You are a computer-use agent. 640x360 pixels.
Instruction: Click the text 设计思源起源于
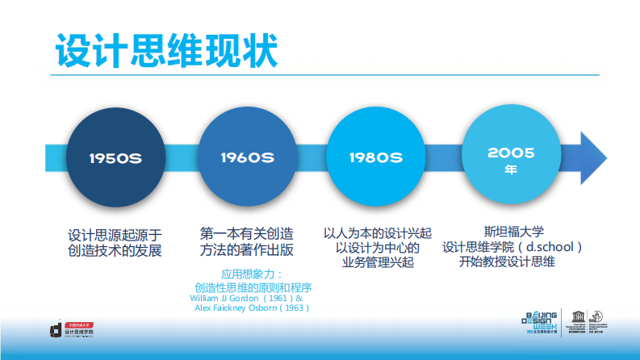point(115,235)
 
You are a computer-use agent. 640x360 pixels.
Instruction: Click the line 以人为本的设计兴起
point(378,232)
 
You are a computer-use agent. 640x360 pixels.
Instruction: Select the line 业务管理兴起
point(378,262)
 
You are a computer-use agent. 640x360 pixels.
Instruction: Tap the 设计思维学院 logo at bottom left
point(70,328)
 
